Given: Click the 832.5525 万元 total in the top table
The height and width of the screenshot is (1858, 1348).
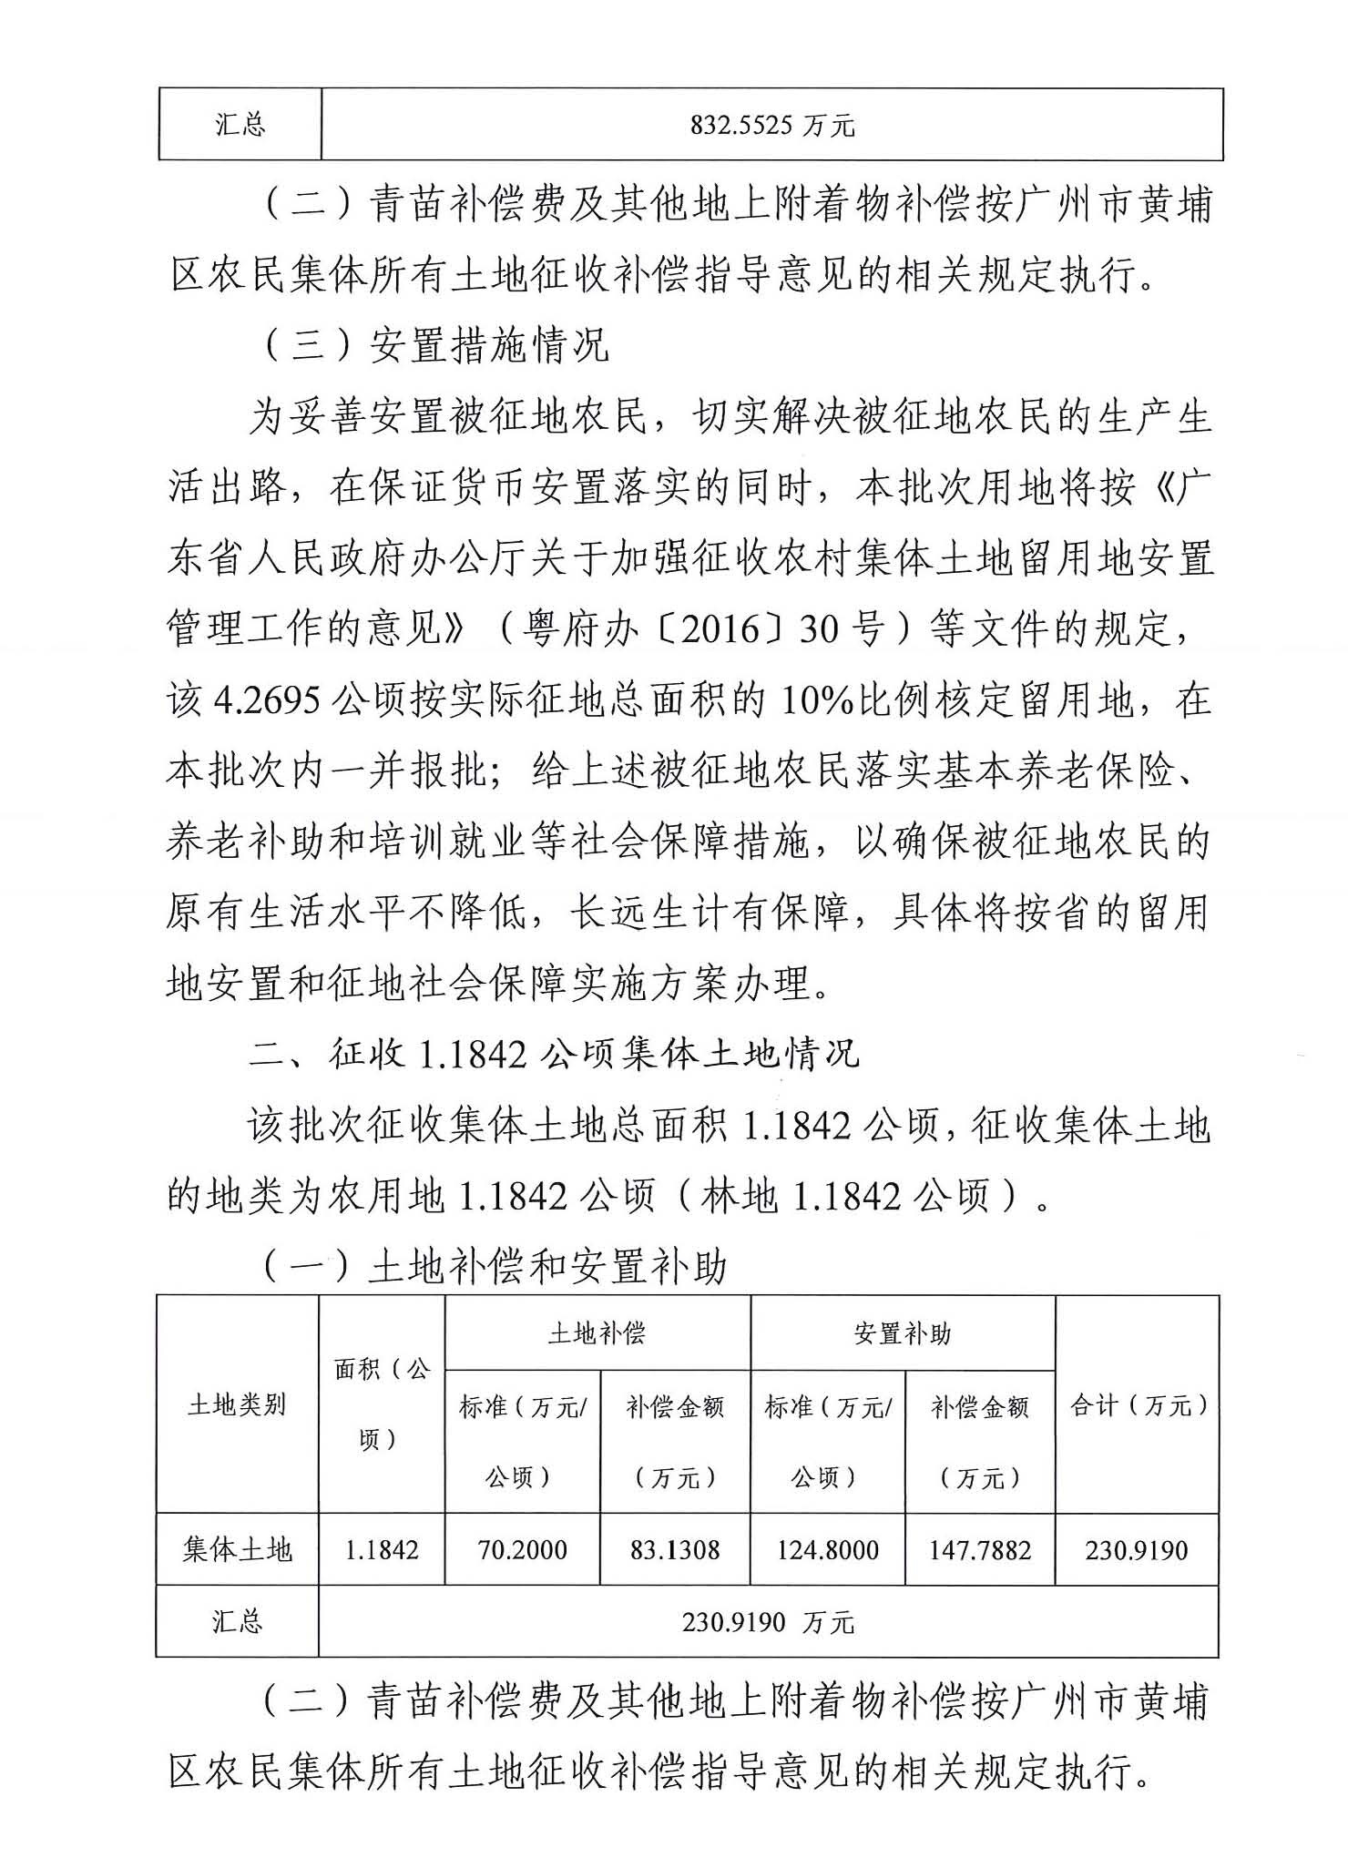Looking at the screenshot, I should click(x=771, y=125).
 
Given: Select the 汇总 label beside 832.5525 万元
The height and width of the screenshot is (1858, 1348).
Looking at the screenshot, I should click(x=240, y=124).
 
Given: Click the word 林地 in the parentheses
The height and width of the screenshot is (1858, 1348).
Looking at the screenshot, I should click(x=739, y=1195).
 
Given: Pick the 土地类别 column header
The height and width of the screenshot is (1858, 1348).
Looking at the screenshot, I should click(x=237, y=1405).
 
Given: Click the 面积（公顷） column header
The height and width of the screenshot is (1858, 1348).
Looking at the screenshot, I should click(x=382, y=1404).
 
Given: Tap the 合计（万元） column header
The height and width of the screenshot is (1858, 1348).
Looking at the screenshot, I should click(x=1138, y=1405).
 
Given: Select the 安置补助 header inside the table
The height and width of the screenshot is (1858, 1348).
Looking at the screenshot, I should click(x=902, y=1334).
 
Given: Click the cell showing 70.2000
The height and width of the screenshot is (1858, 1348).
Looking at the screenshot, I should click(x=522, y=1550).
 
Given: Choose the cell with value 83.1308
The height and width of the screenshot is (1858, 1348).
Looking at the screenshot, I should click(x=675, y=1550).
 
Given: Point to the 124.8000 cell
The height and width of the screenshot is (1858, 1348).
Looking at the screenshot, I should click(x=827, y=1550).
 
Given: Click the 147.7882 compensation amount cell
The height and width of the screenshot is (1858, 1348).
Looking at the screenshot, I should click(x=980, y=1550).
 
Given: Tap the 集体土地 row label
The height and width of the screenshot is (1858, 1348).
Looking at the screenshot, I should click(x=237, y=1550).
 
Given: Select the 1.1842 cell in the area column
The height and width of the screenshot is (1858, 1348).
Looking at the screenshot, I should click(x=382, y=1550).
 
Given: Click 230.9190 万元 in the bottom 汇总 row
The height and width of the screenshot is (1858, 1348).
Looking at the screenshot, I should click(x=768, y=1622).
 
